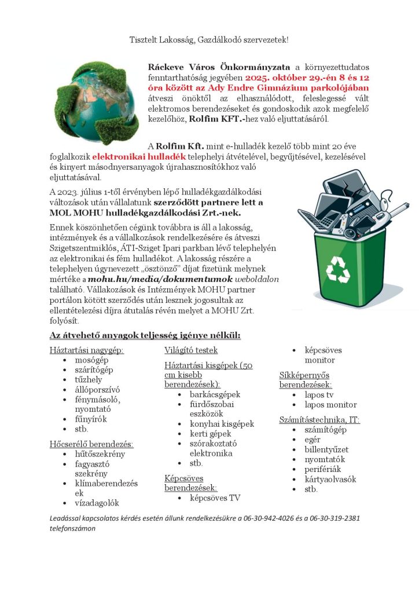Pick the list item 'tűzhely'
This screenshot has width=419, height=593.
pos(89,380)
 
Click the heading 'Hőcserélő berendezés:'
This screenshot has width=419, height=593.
pos(91,444)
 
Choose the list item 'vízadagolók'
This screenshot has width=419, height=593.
pos(97,503)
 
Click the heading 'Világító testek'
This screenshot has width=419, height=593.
pos(191,350)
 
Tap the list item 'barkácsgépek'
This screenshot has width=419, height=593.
pos(215,394)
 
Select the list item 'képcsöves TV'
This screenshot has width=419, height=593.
pos(215,498)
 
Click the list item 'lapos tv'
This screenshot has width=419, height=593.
pos(319,394)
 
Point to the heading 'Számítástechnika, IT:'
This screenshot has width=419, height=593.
pos(319,419)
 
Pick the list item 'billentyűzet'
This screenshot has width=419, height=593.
pos(327,449)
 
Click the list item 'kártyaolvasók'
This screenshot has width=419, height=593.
pos(330,479)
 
